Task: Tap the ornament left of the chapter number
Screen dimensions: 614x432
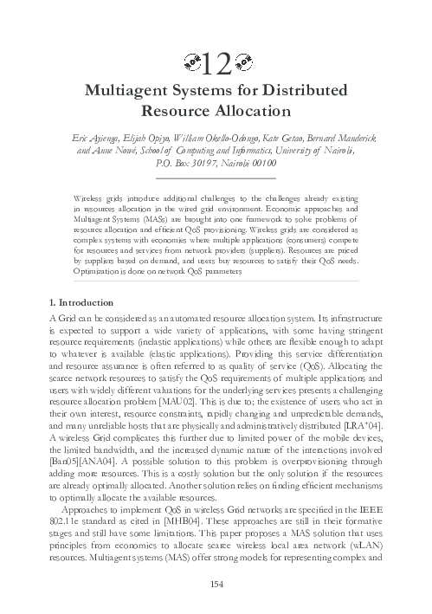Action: pos(193,62)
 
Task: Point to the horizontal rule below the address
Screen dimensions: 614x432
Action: pos(216,178)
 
